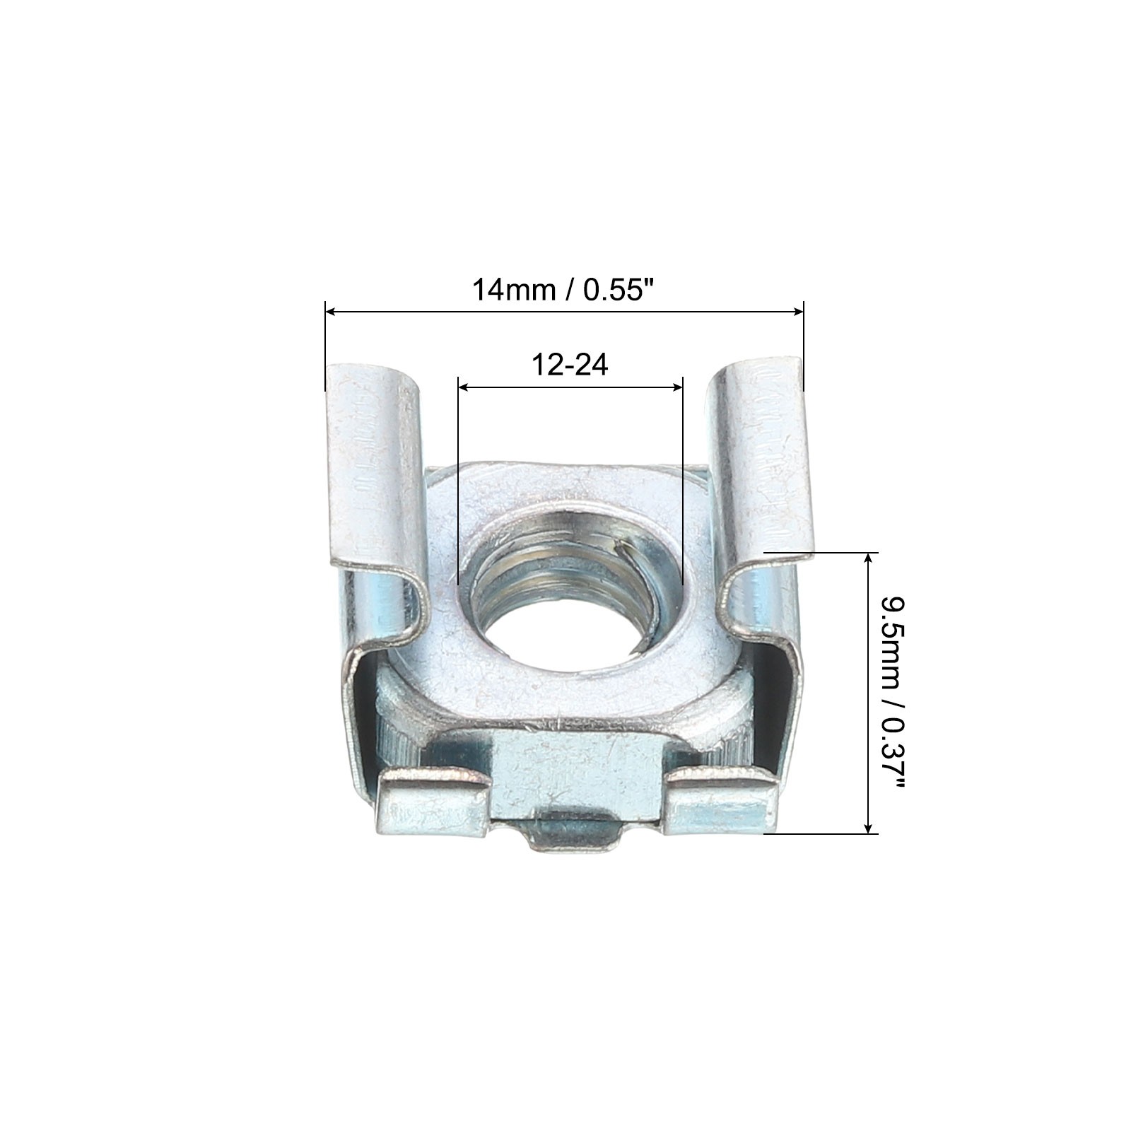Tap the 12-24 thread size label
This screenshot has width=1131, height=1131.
pyautogui.click(x=570, y=365)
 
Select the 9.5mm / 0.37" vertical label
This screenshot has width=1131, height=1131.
pyautogui.click(x=892, y=693)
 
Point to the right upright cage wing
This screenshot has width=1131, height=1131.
pyautogui.click(x=763, y=488)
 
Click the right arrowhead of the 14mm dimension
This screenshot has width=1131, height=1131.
pyautogui.click(x=798, y=311)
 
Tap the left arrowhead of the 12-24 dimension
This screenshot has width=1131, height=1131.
pyautogui.click(x=464, y=387)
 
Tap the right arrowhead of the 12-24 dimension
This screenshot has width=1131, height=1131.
pyautogui.click(x=676, y=387)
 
